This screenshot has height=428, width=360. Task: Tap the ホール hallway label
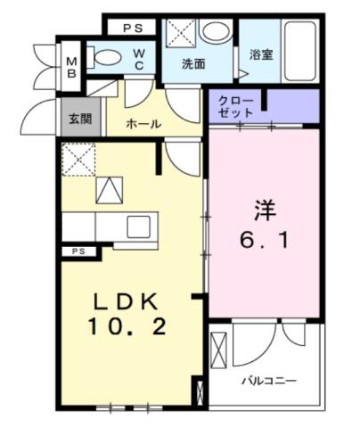coord(143,124)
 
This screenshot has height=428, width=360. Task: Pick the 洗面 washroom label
coord(193,63)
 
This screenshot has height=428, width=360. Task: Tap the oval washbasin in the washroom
coord(214,32)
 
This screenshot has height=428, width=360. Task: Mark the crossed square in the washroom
coord(182,34)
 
